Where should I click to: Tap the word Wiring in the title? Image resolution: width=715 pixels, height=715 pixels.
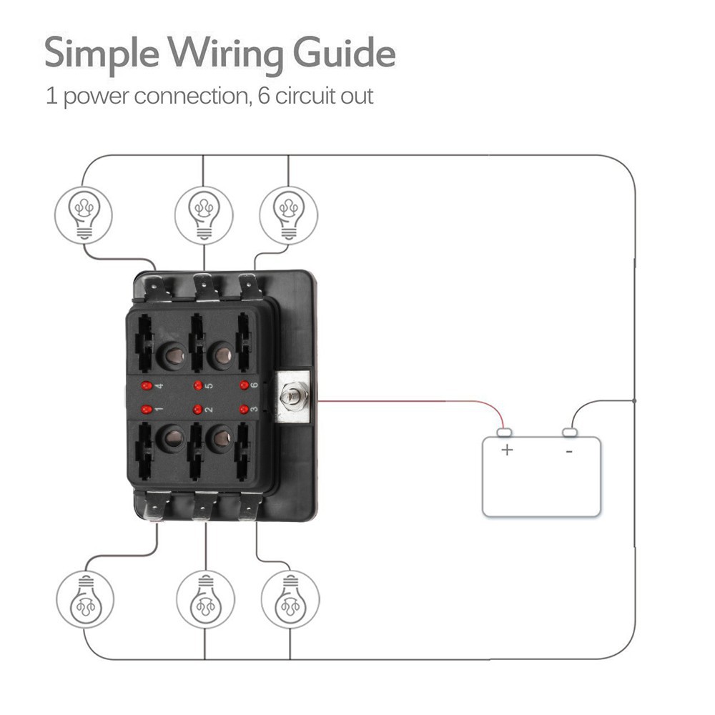224,54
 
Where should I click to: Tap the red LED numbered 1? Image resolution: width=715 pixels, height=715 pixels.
147,410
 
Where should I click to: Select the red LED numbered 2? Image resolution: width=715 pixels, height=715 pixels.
198,410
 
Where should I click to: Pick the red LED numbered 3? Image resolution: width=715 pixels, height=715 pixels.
245,410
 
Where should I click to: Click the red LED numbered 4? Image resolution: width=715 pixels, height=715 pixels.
147,386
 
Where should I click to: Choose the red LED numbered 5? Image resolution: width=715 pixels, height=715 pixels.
198,386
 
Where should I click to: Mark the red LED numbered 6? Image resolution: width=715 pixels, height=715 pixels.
245,386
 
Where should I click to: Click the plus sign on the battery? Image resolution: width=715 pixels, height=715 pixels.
507,450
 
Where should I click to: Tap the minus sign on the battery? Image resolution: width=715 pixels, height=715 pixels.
569,450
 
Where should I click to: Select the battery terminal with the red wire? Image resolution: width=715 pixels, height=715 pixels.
504,433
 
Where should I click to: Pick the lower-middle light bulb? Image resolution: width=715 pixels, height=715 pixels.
204,599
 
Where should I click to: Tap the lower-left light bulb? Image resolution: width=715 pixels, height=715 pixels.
85,599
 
